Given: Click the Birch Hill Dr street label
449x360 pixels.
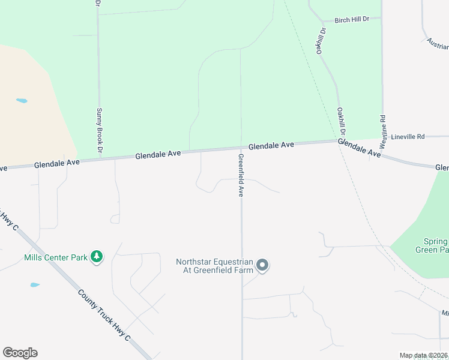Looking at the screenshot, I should tap(352, 20).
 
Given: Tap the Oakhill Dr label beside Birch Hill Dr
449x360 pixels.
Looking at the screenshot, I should tap(322, 41).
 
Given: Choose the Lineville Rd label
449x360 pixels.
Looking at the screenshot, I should tap(408, 137).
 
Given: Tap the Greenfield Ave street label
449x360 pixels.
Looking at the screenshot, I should tap(241, 175).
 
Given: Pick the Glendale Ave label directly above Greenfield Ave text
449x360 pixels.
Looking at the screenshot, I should tap(271, 145).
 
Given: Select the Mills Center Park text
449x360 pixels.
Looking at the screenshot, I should tap(56, 257).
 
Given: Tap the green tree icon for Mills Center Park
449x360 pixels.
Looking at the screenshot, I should tap(96, 257).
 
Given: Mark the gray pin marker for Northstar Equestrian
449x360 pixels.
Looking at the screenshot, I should tap(262, 265).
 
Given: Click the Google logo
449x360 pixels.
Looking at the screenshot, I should tap(20, 353).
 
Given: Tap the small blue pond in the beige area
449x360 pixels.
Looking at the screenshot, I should tap(22, 101).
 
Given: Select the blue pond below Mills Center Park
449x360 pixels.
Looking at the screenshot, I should tap(35, 285).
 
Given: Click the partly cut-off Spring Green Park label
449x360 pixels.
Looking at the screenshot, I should tap(432, 245).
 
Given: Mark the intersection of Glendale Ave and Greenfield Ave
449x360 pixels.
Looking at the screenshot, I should tap(241, 148).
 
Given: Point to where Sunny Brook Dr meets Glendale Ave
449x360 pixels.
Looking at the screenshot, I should tap(99, 158).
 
